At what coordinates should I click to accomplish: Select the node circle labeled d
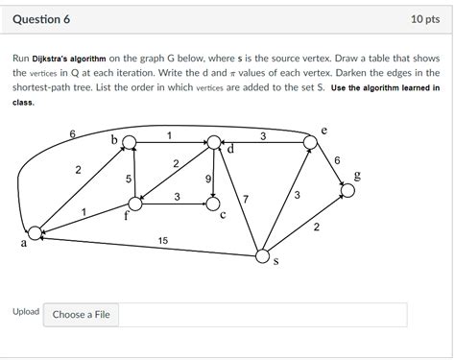click(x=213, y=143)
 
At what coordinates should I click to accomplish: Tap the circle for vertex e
click(x=310, y=143)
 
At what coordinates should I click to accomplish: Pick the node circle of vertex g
click(x=347, y=191)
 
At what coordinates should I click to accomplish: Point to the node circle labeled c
click(x=213, y=204)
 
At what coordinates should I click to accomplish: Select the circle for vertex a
click(x=36, y=232)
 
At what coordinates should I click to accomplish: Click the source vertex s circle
click(x=262, y=255)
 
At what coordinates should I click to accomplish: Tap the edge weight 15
click(x=163, y=241)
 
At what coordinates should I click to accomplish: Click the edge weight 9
click(x=208, y=180)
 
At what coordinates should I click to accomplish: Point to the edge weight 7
click(x=247, y=199)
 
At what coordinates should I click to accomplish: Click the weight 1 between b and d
click(x=169, y=135)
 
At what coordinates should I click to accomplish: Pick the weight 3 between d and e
click(x=263, y=136)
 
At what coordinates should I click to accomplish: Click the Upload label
click(x=26, y=313)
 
